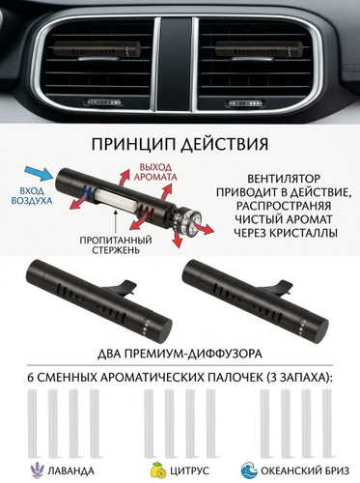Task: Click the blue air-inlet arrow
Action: [39, 174]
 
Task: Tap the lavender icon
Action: [38, 470]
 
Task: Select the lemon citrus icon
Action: [158, 470]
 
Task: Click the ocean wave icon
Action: [249, 470]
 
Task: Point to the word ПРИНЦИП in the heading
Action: [132, 145]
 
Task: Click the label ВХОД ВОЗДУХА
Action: [32, 195]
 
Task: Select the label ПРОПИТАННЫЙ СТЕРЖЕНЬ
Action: [116, 244]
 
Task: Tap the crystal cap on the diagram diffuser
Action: [188, 219]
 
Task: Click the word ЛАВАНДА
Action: [70, 471]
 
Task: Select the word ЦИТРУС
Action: [189, 471]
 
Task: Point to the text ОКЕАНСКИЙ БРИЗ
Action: [305, 471]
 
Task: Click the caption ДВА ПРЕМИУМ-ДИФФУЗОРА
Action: [180, 354]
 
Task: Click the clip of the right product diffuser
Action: [276, 288]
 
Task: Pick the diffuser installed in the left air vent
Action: [97, 49]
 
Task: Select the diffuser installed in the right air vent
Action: [259, 49]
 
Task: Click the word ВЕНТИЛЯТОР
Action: [285, 179]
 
